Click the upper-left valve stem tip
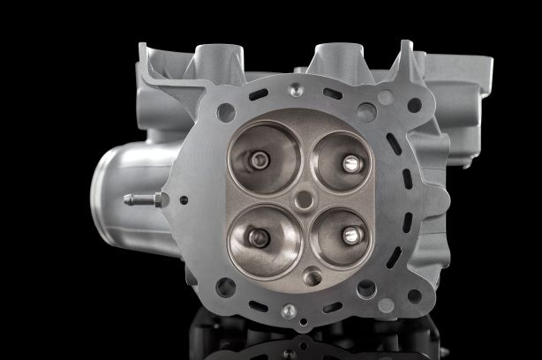click(260, 160)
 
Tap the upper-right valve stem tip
click(351, 163)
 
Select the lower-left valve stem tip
click(259, 236)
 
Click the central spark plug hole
click(304, 200)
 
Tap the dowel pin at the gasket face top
click(296, 90)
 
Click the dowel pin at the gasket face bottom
click(289, 311)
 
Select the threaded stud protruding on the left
click(141, 200)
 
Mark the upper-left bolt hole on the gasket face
click(226, 112)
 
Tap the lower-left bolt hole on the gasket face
click(226, 287)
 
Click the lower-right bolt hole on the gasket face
click(365, 289)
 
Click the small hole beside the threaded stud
click(184, 199)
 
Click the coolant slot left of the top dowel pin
click(259, 94)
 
